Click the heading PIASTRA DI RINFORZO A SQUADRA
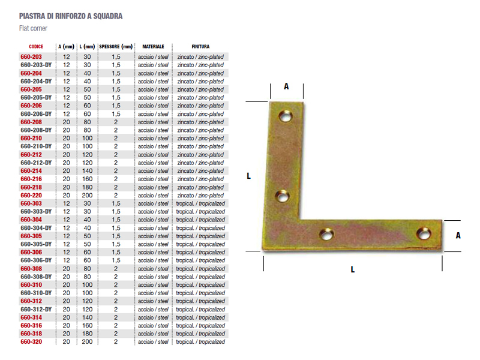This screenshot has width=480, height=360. tap(71, 16)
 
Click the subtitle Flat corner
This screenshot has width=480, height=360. tap(33, 28)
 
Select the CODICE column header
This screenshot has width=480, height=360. tap(36, 47)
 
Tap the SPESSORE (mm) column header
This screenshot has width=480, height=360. tap(116, 47)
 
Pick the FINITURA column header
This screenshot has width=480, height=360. tap(200, 47)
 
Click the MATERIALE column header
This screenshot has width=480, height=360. tap(153, 47)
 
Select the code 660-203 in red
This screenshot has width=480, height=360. tap(31, 56)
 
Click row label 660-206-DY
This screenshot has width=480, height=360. tap(36, 114)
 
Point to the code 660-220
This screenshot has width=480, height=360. tap(31, 196)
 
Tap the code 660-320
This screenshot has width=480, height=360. tap(31, 341)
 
